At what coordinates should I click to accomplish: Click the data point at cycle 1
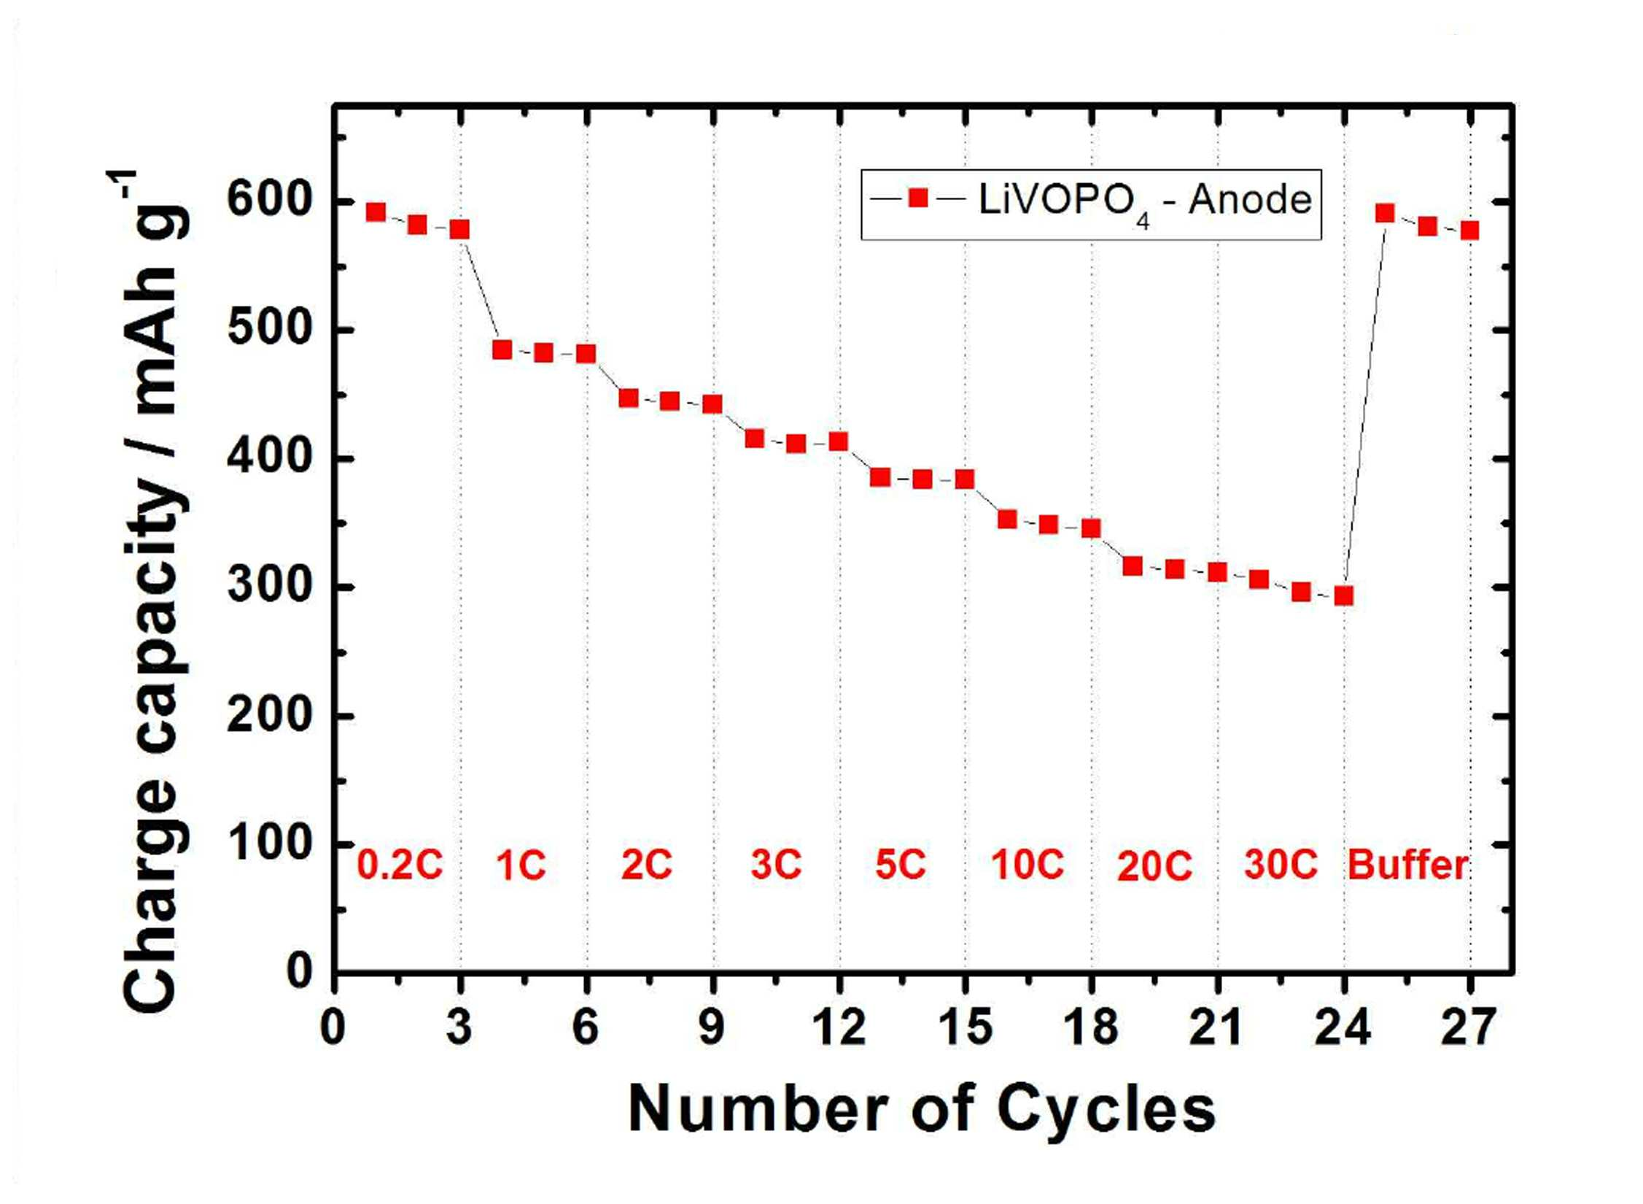pyautogui.click(x=376, y=212)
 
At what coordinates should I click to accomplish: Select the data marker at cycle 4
pyautogui.click(x=502, y=350)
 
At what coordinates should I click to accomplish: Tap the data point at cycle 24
pyautogui.click(x=1343, y=596)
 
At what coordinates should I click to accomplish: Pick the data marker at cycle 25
pyautogui.click(x=1385, y=213)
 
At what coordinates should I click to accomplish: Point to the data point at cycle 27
pyautogui.click(x=1469, y=231)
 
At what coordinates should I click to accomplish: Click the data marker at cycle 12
pyautogui.click(x=839, y=441)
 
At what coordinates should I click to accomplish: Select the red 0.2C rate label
pyautogui.click(x=400, y=865)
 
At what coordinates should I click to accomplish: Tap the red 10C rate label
pyautogui.click(x=1027, y=865)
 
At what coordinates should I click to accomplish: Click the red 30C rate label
pyautogui.click(x=1281, y=865)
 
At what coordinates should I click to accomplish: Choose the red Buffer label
pyautogui.click(x=1407, y=865)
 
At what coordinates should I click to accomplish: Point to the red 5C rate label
pyautogui.click(x=900, y=865)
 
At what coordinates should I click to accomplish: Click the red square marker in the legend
pyautogui.click(x=918, y=198)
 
